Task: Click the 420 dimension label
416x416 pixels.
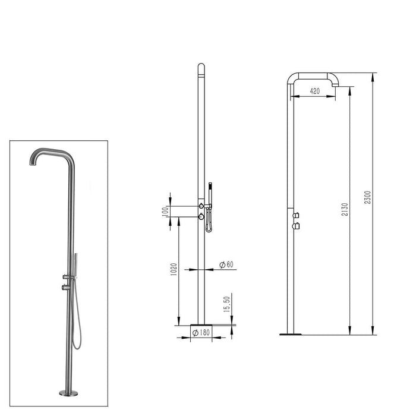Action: point(314,91)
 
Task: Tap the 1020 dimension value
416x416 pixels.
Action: point(173,269)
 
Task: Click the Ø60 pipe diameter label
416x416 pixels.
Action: point(226,264)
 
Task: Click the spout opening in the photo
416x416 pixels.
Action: point(31,164)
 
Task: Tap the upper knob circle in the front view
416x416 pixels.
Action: point(201,206)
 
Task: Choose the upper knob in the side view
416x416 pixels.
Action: point(296,215)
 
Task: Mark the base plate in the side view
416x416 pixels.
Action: point(290,334)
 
